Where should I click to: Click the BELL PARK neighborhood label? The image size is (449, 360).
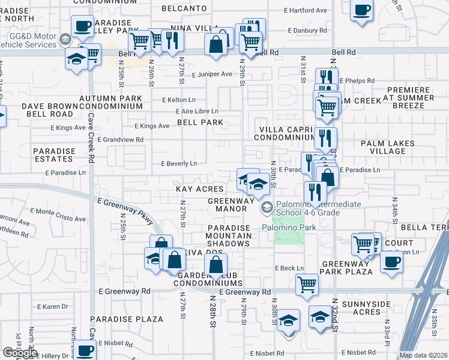pos(200,122)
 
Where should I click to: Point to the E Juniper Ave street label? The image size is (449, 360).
pos(212,74)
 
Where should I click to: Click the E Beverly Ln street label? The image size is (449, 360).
pos(179,163)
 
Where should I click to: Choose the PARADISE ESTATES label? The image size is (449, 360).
pos(53,155)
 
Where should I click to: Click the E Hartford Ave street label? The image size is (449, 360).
pos(306,11)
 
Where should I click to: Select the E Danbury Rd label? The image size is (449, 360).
pos(307,30)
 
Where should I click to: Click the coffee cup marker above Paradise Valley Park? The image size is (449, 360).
pos(82,27)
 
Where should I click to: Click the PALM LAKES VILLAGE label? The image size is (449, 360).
pos(383,148)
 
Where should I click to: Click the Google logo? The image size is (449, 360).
pos(20,353)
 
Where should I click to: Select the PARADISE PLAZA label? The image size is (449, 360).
pos(127,319)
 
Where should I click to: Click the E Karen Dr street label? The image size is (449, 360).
pos(57,307)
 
